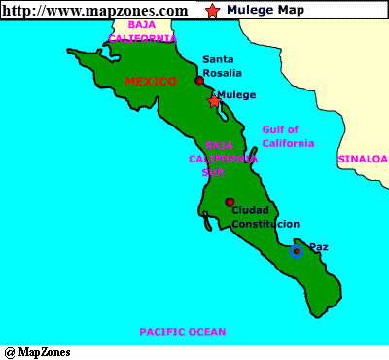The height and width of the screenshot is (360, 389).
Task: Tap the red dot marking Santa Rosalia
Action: point(199,81)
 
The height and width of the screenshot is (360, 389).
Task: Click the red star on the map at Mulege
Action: point(214,100)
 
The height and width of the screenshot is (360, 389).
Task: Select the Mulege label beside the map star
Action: point(236,94)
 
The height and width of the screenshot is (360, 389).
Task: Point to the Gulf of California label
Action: point(288,136)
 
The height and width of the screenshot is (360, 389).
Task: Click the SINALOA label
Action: point(362,158)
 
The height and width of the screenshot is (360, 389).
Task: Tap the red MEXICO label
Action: point(151,81)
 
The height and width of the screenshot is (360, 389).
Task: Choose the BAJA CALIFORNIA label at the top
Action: point(142,31)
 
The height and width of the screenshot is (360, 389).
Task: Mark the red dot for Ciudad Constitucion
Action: point(230,202)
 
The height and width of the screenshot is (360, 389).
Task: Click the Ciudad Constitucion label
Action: point(265,217)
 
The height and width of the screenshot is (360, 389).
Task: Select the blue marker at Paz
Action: point(297,251)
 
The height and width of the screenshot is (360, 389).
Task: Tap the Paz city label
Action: point(318,247)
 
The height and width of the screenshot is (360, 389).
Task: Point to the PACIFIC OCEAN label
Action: point(182,332)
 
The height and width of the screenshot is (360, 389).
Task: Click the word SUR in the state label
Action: point(212,172)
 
